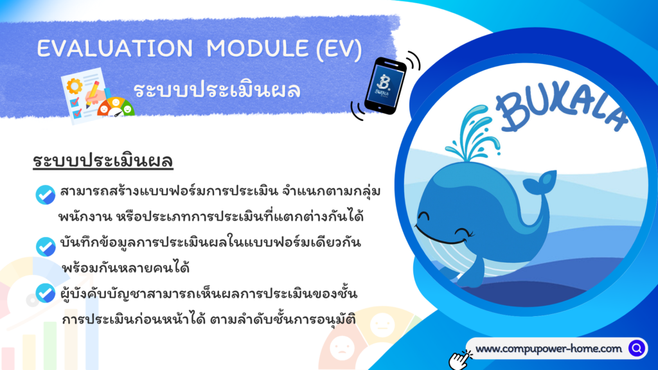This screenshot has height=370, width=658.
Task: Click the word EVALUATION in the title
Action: (x=114, y=48)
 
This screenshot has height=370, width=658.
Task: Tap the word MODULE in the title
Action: (x=258, y=48)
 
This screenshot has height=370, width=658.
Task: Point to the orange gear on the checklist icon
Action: (x=75, y=87)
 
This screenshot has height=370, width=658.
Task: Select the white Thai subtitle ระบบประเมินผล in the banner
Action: (x=217, y=90)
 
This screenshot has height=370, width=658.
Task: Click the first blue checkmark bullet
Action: (x=46, y=195)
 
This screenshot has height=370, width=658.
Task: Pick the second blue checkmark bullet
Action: (x=46, y=246)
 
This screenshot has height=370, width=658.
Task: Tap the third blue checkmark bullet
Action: (x=46, y=293)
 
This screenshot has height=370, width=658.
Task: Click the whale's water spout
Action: (x=474, y=132)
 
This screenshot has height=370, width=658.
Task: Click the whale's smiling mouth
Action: (x=441, y=237)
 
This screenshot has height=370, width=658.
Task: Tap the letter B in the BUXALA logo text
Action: (x=513, y=110)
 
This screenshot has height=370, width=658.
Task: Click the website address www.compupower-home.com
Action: (x=549, y=349)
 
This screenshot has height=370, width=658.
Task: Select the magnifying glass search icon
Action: (x=637, y=348)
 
